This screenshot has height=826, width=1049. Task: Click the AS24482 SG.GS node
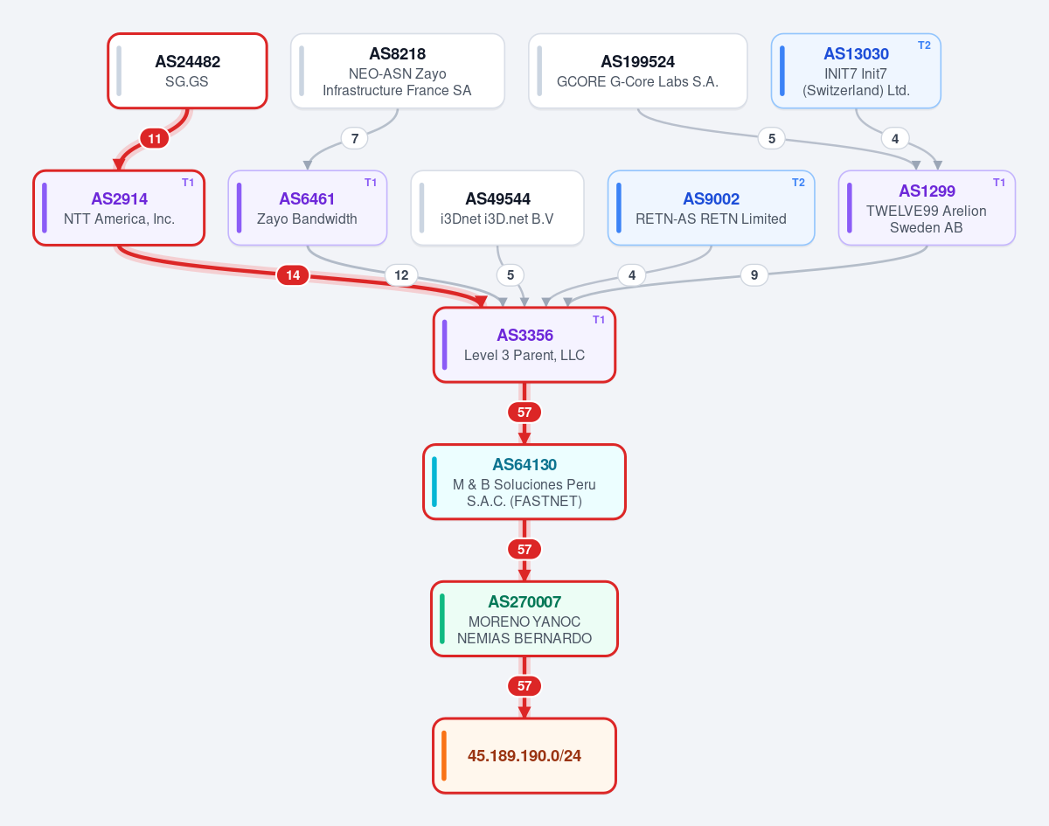(187, 71)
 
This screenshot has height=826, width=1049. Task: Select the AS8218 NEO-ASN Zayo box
(397, 71)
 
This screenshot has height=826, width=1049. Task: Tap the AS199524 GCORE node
(637, 71)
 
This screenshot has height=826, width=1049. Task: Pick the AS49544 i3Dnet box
(497, 208)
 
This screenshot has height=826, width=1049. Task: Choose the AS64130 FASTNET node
(524, 482)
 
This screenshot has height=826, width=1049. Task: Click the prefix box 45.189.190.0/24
(524, 756)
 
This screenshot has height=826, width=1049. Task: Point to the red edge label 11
(155, 138)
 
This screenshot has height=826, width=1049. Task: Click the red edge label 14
(293, 275)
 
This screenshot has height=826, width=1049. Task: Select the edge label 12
(401, 275)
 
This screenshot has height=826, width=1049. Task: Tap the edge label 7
(355, 138)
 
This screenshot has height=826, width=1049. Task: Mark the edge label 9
(754, 275)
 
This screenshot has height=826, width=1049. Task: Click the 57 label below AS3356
(524, 413)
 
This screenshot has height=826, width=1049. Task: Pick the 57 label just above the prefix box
(524, 686)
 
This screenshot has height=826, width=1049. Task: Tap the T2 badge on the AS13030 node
(924, 45)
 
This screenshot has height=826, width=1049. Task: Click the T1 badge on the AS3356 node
(599, 319)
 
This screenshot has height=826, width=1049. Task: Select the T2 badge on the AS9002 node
(798, 183)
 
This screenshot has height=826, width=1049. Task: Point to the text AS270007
(524, 601)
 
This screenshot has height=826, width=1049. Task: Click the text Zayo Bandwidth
(307, 219)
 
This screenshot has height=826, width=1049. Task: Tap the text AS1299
(927, 191)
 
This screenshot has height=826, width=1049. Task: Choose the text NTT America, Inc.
(119, 219)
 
